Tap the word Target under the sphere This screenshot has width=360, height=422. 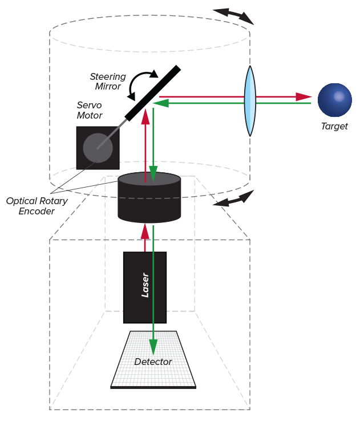coord(334,126)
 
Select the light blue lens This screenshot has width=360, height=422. coord(250,101)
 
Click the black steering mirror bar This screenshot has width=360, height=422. coord(153,93)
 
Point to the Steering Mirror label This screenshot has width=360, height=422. coord(108,82)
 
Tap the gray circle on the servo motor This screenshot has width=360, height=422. coord(98,148)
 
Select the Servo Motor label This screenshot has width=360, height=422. coord(90,111)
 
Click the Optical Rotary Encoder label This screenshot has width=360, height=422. coord(37,206)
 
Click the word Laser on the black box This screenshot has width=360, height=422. coord(145,285)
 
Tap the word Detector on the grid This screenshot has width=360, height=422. coord(153,362)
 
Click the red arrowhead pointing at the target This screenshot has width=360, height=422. coord(304,96)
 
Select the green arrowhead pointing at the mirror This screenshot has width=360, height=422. coord(161,103)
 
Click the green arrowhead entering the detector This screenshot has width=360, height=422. coord(153,346)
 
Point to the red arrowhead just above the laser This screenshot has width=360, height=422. coord(145,231)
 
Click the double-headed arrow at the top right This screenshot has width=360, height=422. coord(233,15)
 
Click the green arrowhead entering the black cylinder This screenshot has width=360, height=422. coord(153,173)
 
